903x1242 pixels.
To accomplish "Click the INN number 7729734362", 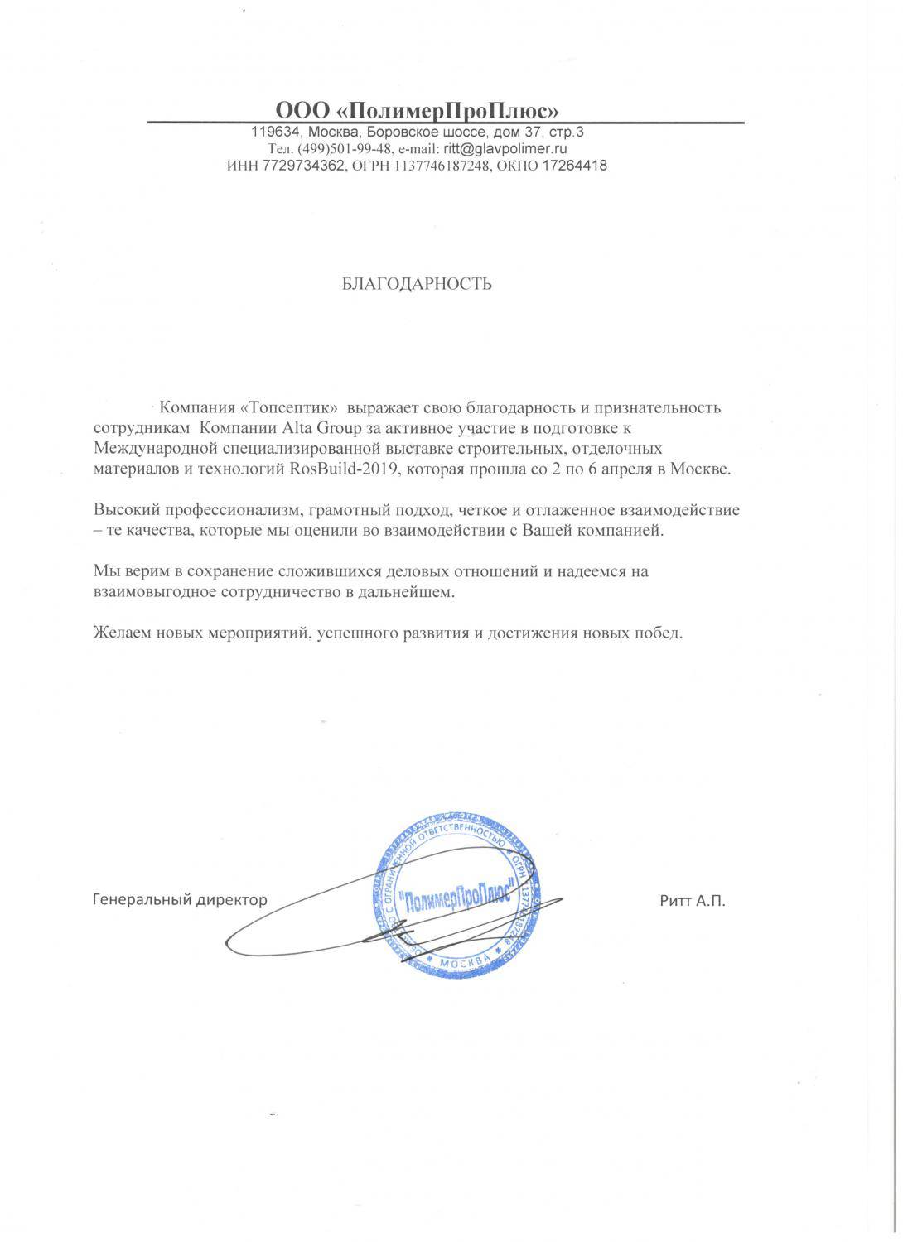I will tap(299, 166).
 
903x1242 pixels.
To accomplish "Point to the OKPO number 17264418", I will tap(574, 166).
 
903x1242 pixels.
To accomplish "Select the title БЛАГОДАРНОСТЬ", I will tap(417, 284).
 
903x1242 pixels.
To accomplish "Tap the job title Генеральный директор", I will tap(179, 899).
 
